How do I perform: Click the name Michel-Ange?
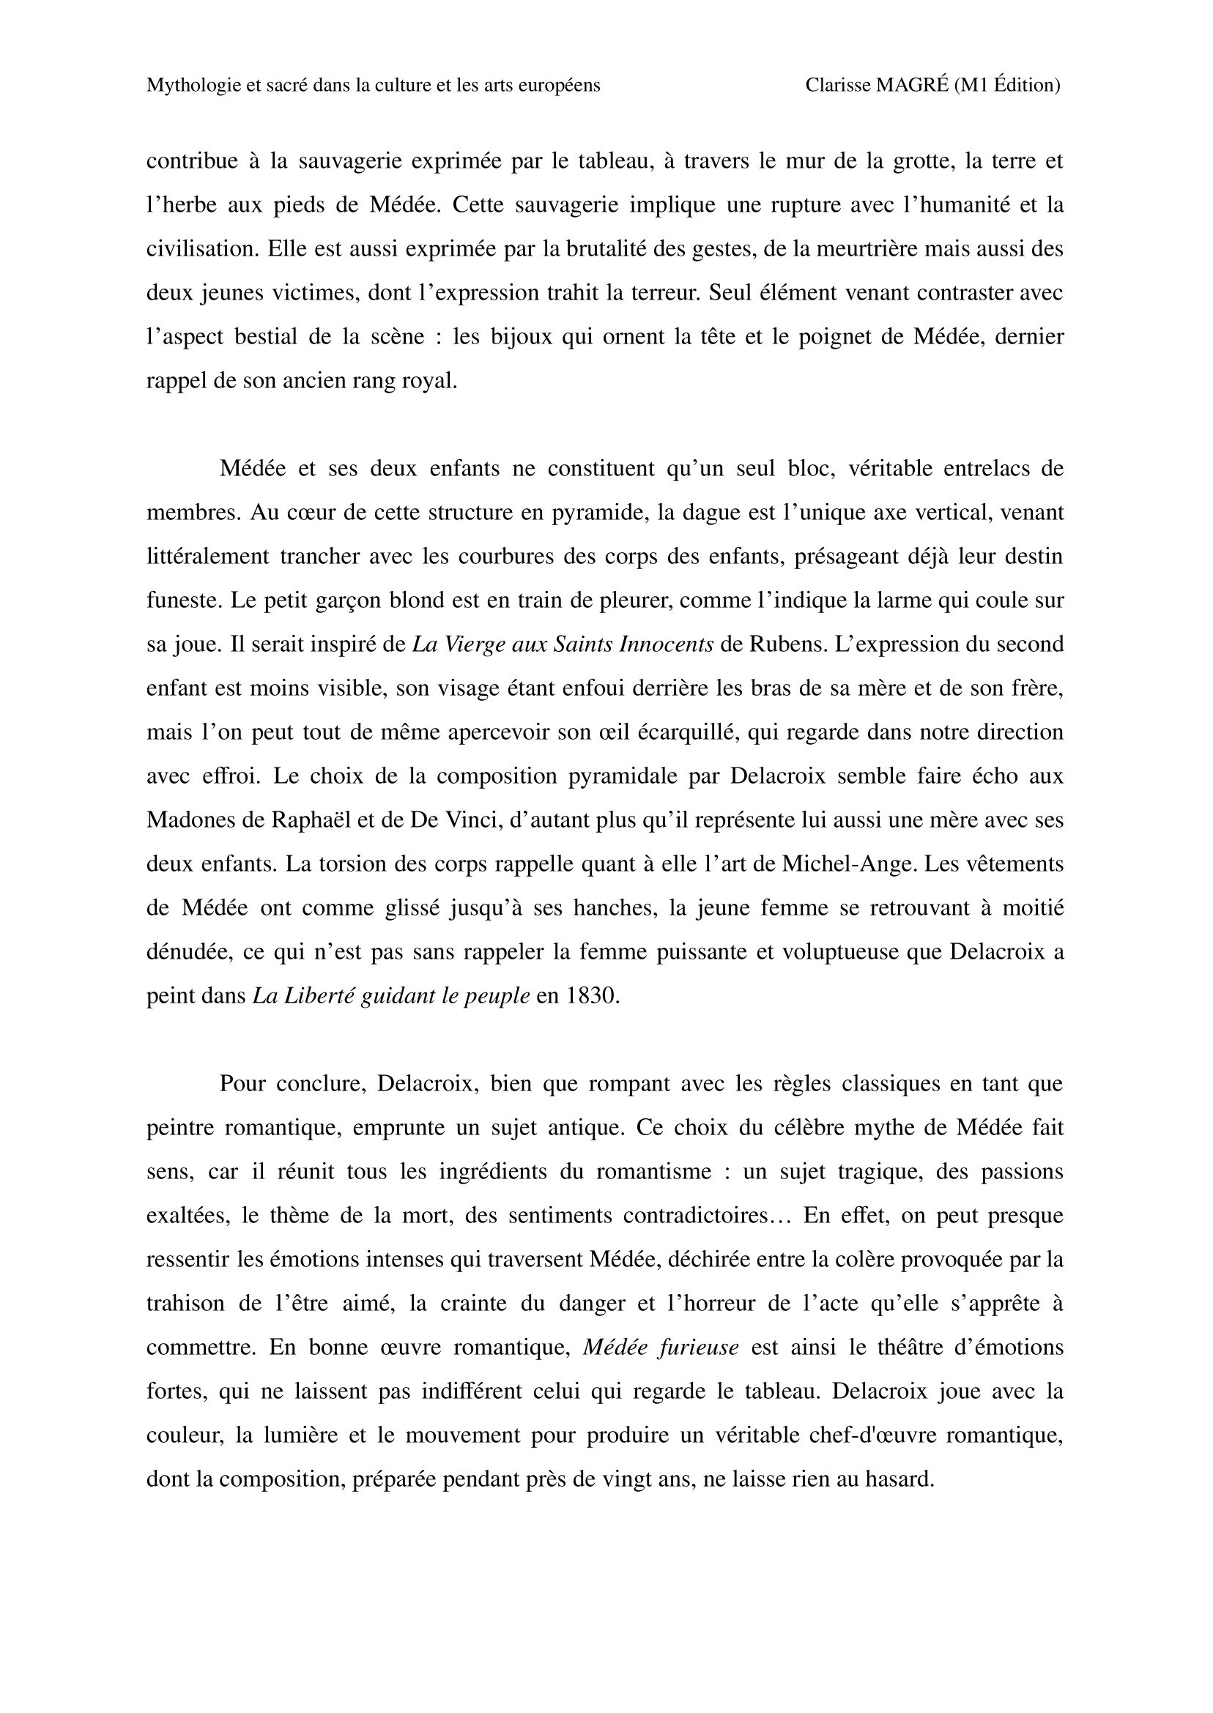tap(847, 864)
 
